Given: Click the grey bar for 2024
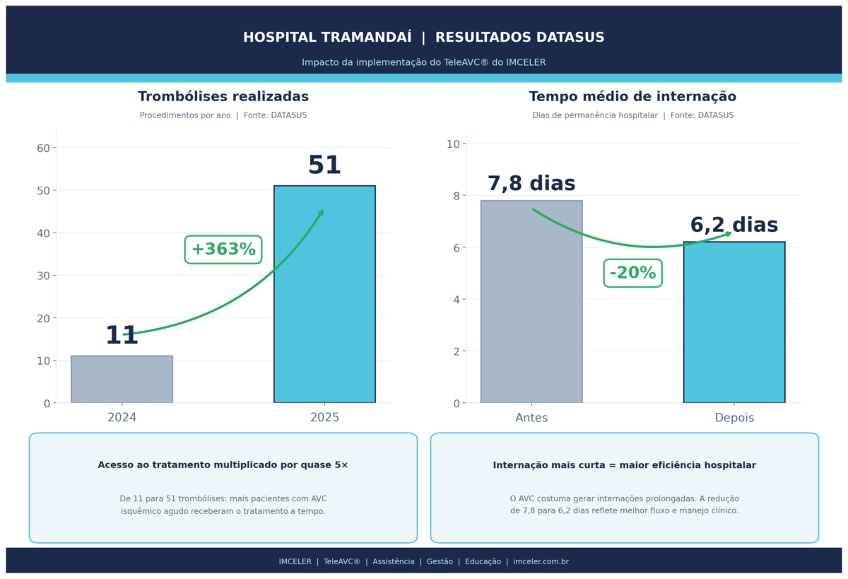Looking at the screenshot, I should coord(122,380).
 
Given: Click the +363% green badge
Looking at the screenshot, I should coord(223,250).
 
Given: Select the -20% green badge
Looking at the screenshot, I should coord(632,273).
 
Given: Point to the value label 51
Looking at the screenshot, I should coord(324,166).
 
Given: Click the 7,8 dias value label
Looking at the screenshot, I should coord(531,184).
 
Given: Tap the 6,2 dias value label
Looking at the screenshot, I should coord(734,226).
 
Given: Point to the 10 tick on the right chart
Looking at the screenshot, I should coord(453,144).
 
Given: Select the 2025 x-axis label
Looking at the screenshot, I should coord(324,418).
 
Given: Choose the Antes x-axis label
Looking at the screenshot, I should coord(531,418).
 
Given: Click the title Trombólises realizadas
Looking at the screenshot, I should coord(223,97).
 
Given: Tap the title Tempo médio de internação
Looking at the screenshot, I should coord(632,97).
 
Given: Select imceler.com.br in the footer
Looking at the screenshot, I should coord(541,562).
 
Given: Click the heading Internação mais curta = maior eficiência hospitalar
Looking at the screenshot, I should coord(624,465).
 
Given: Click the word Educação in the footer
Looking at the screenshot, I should coord(483,562).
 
